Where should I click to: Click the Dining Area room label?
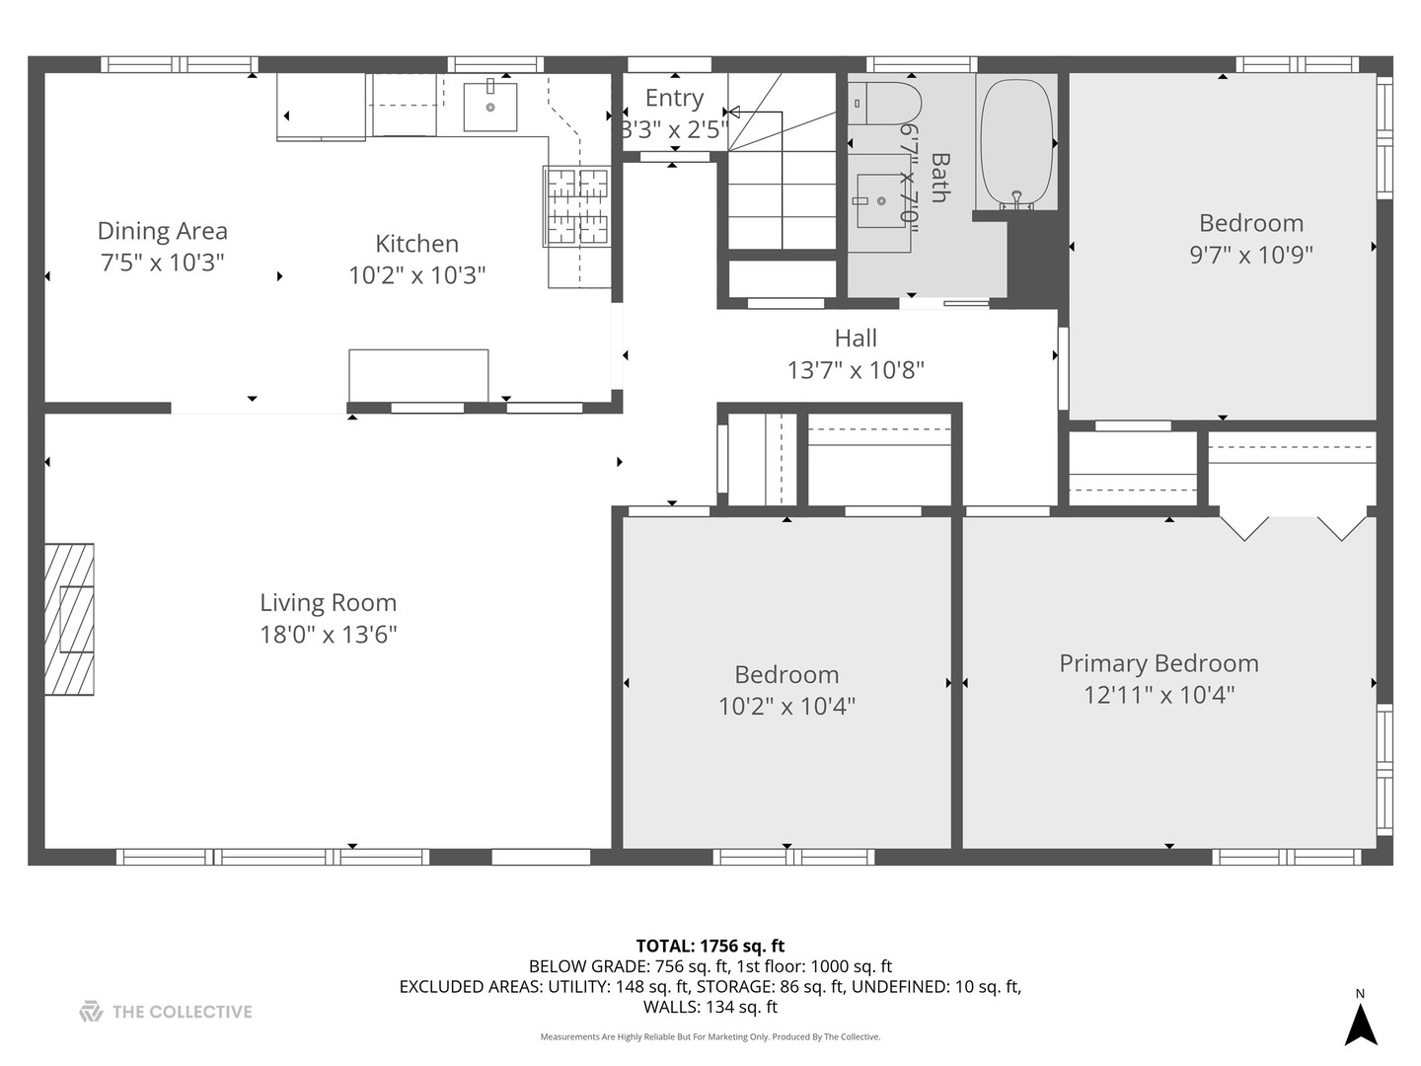pyautogui.click(x=163, y=231)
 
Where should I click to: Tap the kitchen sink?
pyautogui.click(x=490, y=107)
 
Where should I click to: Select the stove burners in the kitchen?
pyautogui.click(x=577, y=206)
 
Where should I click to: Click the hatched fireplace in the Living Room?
pyautogui.click(x=69, y=620)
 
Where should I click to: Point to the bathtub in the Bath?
pyautogui.click(x=1016, y=142)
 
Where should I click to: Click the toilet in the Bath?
pyautogui.click(x=884, y=104)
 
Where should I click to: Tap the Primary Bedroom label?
pyautogui.click(x=1159, y=663)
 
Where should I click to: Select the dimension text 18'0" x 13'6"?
pyautogui.click(x=329, y=635)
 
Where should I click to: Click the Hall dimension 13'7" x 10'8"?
pyautogui.click(x=856, y=370)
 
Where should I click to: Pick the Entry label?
pyautogui.click(x=674, y=98)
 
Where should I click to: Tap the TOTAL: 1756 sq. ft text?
pyautogui.click(x=710, y=947)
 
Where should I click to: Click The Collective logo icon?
pyautogui.click(x=91, y=1011)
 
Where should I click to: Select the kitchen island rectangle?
pyautogui.click(x=418, y=375)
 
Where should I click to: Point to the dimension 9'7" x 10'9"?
pyautogui.click(x=1250, y=255)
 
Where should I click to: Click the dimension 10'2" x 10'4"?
pyautogui.click(x=786, y=706)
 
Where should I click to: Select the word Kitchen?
pyautogui.click(x=416, y=244)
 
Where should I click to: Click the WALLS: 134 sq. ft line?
pyautogui.click(x=710, y=1007)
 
